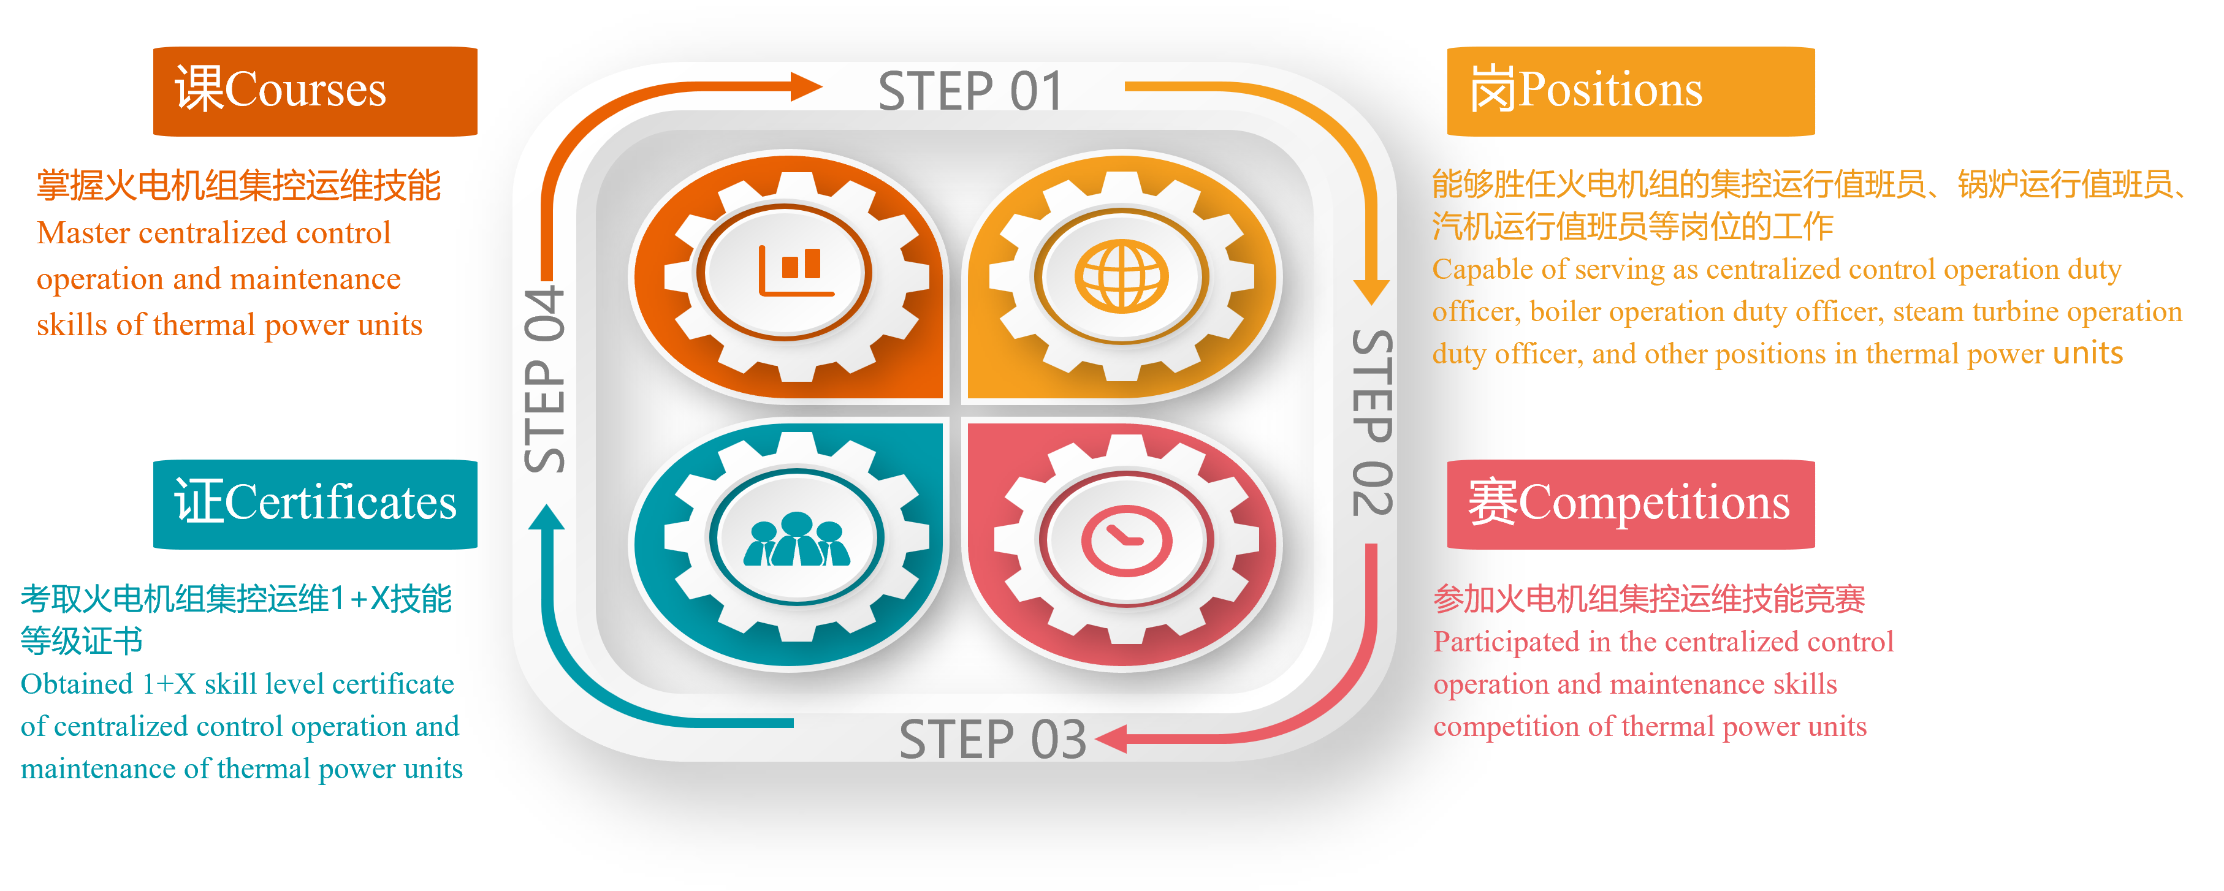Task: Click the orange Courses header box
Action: click(315, 91)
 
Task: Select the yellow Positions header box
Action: click(1630, 91)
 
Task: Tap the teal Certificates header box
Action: click(315, 504)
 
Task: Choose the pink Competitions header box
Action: click(1630, 504)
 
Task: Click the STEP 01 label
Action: click(970, 91)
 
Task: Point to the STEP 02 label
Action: click(1371, 423)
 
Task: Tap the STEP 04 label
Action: click(545, 380)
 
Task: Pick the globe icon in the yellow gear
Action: click(1121, 275)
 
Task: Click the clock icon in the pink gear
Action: click(1126, 541)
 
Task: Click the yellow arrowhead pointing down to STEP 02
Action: click(1371, 291)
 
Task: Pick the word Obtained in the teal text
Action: click(76, 684)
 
